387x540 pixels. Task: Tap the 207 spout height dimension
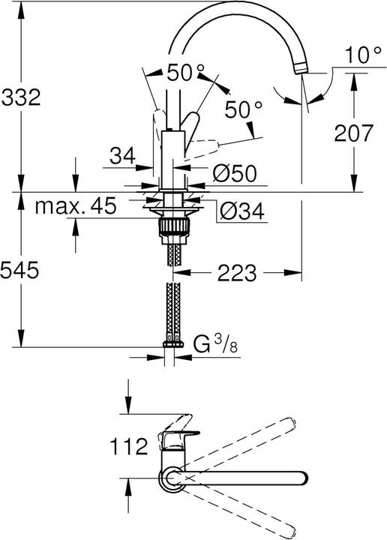pyautogui.click(x=352, y=133)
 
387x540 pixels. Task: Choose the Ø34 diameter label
pyautogui.click(x=239, y=214)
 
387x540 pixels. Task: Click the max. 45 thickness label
pyautogui.click(x=75, y=207)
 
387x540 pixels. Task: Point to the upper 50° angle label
pyautogui.click(x=184, y=73)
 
